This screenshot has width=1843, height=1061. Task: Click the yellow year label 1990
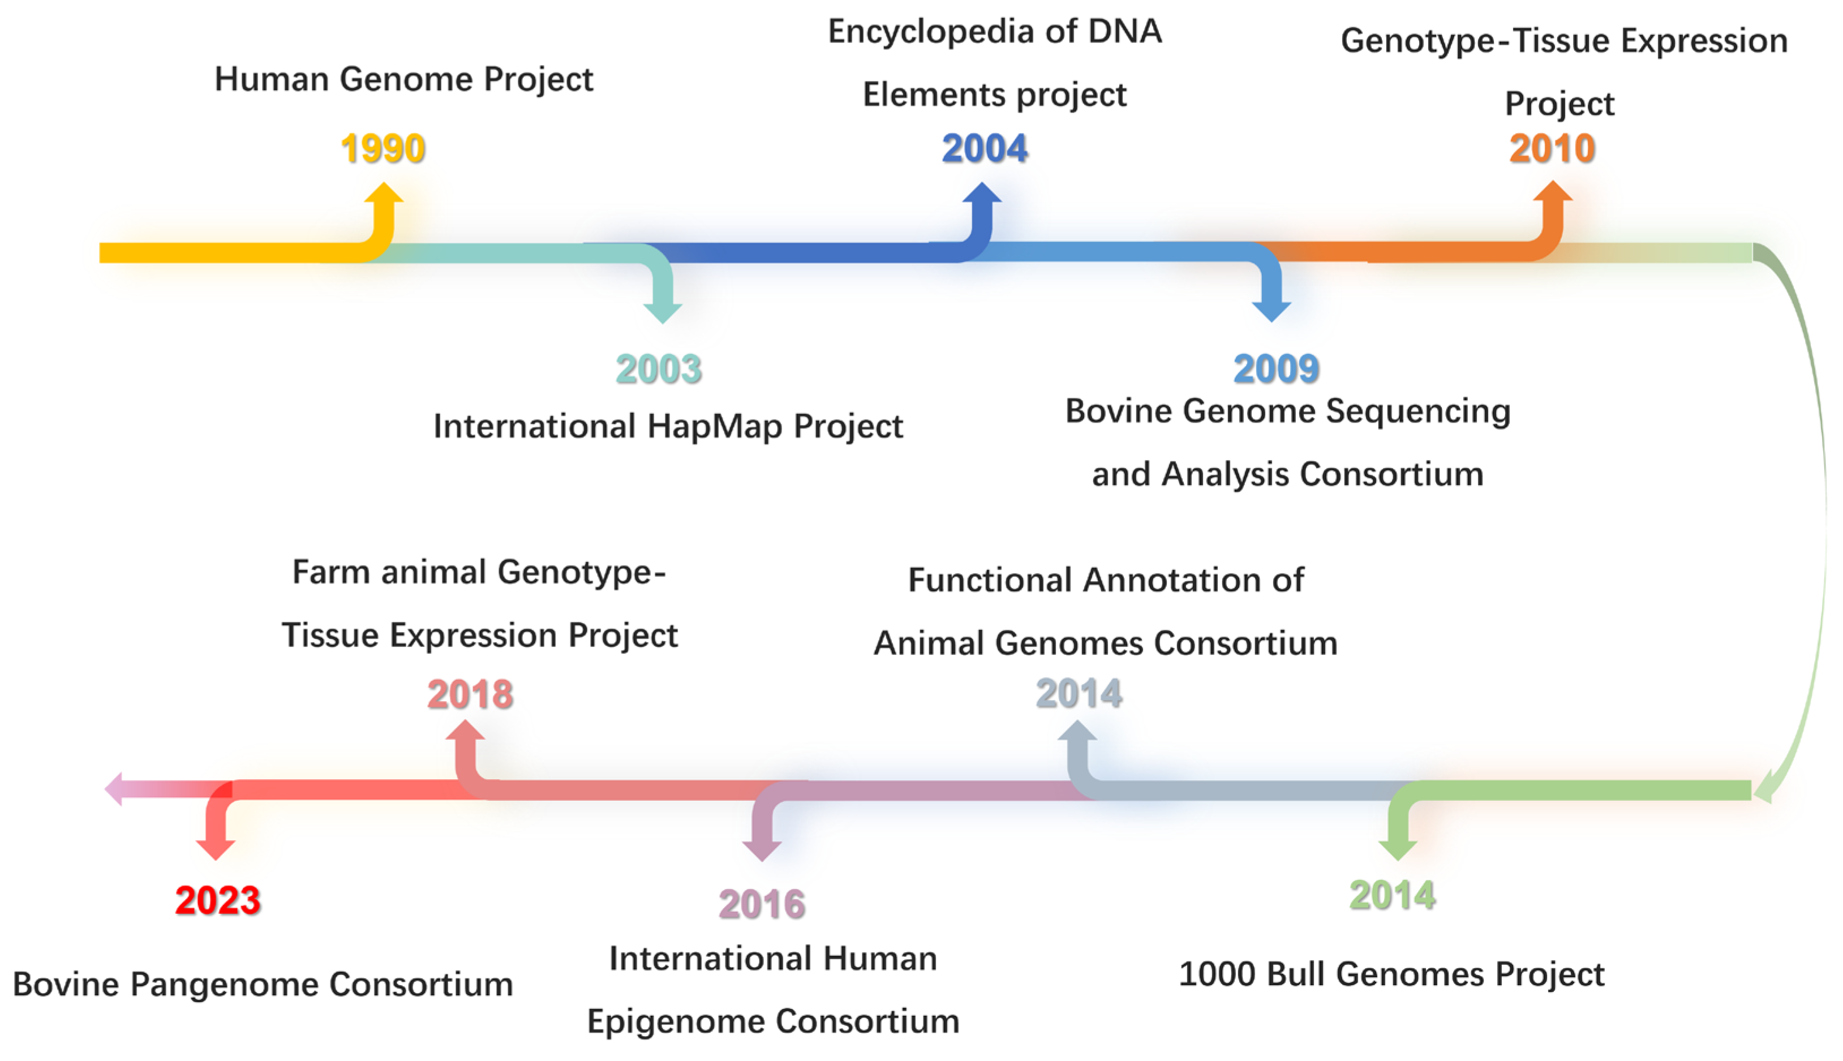click(383, 149)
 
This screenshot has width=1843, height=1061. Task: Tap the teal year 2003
click(659, 369)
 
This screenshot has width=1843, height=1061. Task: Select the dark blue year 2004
click(984, 149)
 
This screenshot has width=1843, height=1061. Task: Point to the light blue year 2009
click(1275, 369)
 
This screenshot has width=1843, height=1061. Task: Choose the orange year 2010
click(1552, 149)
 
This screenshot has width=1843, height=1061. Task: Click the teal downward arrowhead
click(662, 312)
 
